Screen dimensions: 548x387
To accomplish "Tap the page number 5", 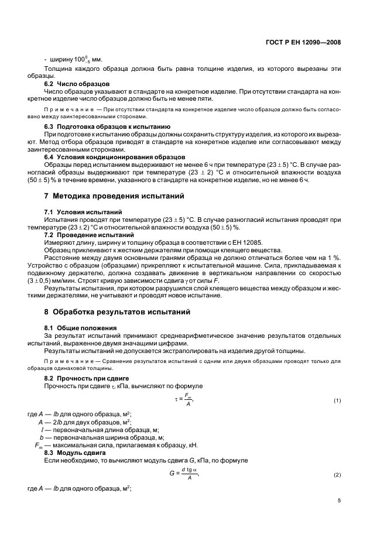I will [x=339, y=500].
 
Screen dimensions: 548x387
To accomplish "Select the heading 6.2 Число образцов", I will [x=77, y=84].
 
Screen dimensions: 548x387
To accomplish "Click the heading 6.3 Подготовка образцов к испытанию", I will [x=107, y=126].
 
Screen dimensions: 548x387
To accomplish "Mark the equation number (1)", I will [x=337, y=400].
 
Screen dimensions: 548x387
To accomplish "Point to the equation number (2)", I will [x=337, y=474].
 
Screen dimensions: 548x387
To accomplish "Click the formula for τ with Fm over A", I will [x=184, y=400].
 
